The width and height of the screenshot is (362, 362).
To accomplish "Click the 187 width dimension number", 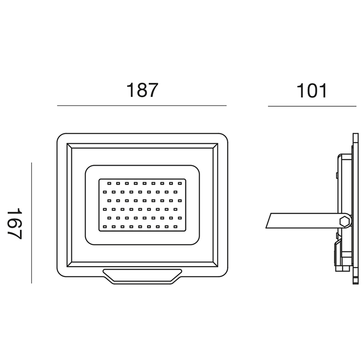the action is pyautogui.click(x=142, y=90).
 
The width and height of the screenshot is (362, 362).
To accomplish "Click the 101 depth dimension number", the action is pyautogui.click(x=312, y=91).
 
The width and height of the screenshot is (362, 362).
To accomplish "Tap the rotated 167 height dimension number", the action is pyautogui.click(x=15, y=224).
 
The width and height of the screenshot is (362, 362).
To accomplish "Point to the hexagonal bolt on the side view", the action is pyautogui.click(x=345, y=221).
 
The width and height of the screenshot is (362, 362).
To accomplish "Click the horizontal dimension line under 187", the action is pyautogui.click(x=142, y=106).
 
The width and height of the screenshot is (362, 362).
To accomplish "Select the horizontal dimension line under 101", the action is pyautogui.click(x=312, y=106).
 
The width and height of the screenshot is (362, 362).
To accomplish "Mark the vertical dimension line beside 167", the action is pyautogui.click(x=31, y=223).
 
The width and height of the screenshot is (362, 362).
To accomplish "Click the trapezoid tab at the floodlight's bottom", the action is pyautogui.click(x=142, y=276).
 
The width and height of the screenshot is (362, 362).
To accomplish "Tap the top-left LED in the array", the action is pyautogui.click(x=109, y=183).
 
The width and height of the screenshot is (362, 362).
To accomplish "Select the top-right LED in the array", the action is pyautogui.click(x=180, y=183).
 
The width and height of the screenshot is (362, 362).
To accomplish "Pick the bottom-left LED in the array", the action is pyautogui.click(x=105, y=227).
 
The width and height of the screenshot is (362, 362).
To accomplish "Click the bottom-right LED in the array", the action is pyautogui.click(x=175, y=227).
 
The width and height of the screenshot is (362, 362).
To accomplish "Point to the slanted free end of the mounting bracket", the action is pyautogui.click(x=268, y=221).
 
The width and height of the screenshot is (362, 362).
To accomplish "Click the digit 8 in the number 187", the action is pyautogui.click(x=142, y=90).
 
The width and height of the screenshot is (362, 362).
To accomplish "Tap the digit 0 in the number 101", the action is pyautogui.click(x=312, y=91).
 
